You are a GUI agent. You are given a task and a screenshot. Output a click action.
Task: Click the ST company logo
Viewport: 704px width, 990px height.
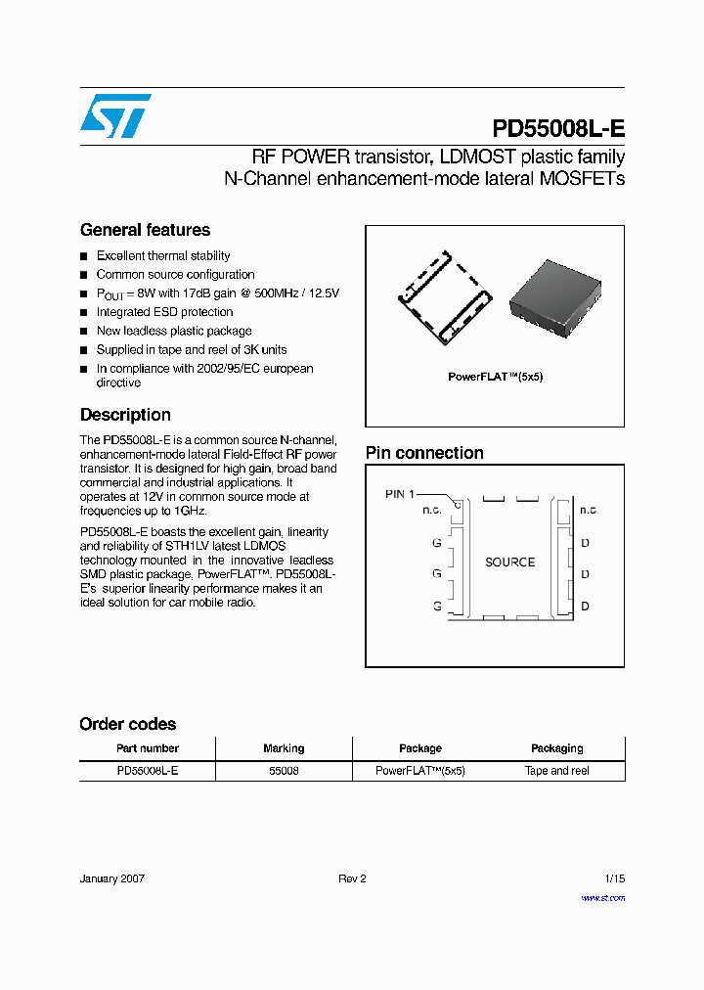click(115, 116)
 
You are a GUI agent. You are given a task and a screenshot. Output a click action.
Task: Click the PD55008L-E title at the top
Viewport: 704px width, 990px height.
click(557, 130)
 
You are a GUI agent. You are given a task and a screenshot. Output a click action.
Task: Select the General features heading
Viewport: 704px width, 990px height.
click(145, 230)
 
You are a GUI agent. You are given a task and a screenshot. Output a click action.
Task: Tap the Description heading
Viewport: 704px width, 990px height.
click(125, 415)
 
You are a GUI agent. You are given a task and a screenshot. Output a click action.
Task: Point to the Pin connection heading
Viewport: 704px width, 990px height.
click(424, 453)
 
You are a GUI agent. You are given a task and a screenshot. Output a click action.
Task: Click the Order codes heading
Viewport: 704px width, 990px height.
click(128, 724)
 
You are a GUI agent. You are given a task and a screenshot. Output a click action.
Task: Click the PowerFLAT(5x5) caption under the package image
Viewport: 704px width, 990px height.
click(495, 377)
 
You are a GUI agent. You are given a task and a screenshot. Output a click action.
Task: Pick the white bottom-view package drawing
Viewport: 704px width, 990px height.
click(445, 297)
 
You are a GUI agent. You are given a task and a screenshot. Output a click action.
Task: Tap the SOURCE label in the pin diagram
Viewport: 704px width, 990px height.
click(509, 562)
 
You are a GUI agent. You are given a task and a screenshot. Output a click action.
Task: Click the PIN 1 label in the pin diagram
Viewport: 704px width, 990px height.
click(400, 494)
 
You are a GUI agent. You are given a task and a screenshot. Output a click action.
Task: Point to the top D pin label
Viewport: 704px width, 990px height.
click(586, 543)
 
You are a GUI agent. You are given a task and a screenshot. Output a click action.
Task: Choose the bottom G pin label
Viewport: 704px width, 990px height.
click(436, 607)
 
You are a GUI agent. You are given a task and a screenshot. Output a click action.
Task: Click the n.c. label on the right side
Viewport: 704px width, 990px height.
click(588, 510)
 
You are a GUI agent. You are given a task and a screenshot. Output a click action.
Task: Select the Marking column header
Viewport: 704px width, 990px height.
click(284, 748)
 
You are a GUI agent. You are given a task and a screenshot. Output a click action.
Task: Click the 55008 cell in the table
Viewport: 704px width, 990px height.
click(284, 771)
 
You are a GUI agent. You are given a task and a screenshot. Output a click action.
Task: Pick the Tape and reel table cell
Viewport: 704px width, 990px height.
click(556, 771)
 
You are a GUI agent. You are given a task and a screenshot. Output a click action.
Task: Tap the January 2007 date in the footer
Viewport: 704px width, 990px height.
click(112, 878)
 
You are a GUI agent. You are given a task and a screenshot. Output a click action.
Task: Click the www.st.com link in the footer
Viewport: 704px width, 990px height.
click(602, 897)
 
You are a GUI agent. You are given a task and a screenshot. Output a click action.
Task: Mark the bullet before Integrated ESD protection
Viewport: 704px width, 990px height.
click(84, 313)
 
